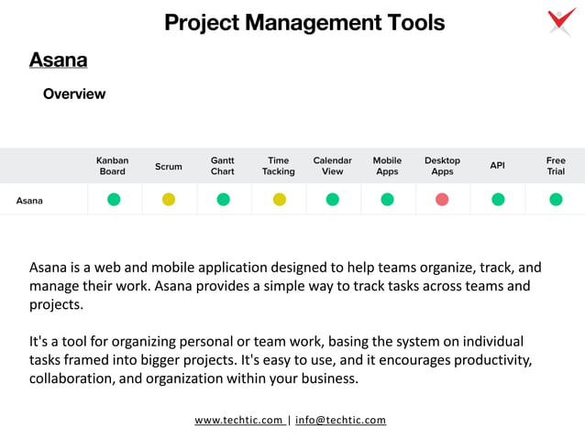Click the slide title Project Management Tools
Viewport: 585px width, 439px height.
tap(304, 23)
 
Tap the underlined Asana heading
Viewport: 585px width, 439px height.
tap(59, 60)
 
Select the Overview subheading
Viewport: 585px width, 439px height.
tap(74, 94)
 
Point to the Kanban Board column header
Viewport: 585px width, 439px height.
tap(113, 166)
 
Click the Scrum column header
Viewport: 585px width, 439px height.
tap(169, 167)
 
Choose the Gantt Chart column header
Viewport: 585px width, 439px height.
tap(223, 166)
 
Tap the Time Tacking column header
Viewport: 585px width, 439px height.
tap(279, 166)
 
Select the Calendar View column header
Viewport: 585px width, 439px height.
tap(333, 166)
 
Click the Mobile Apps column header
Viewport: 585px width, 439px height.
tap(387, 166)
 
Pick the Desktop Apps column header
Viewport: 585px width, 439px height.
tap(442, 166)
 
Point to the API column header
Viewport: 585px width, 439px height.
tap(498, 166)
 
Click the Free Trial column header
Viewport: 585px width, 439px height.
tap(556, 166)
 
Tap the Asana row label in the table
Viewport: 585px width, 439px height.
tap(29, 200)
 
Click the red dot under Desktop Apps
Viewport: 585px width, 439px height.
tap(442, 200)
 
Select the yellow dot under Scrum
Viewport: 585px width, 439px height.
tap(169, 200)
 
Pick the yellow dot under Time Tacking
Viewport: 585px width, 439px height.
tap(280, 200)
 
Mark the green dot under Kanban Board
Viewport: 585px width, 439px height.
tap(114, 200)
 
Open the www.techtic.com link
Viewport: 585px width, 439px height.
tap(238, 421)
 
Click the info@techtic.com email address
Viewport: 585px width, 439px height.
tap(340, 421)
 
